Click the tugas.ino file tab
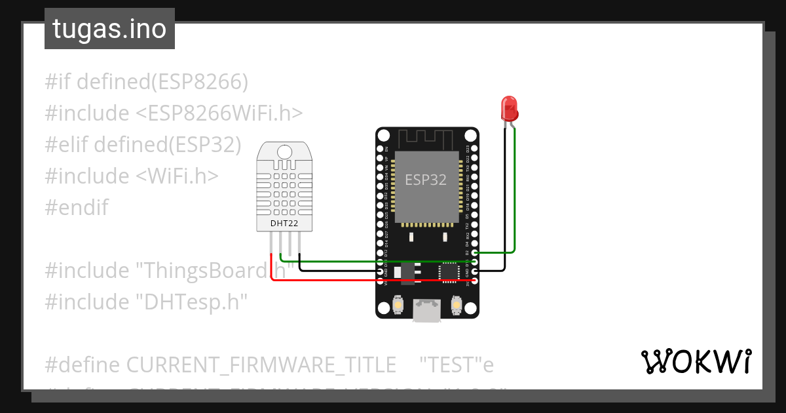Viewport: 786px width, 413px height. point(109,29)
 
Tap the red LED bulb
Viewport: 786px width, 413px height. point(509,107)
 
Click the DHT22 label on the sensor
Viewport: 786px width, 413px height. point(284,224)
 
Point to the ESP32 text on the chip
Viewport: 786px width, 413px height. point(426,180)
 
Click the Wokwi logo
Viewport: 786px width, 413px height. point(696,361)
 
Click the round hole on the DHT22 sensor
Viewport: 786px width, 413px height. point(284,151)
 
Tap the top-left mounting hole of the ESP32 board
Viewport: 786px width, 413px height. point(383,135)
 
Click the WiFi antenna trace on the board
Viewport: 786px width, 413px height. point(426,138)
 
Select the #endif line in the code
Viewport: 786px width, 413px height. point(77,208)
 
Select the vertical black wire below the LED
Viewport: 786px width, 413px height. point(505,197)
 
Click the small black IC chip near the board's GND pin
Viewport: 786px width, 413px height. point(449,271)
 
